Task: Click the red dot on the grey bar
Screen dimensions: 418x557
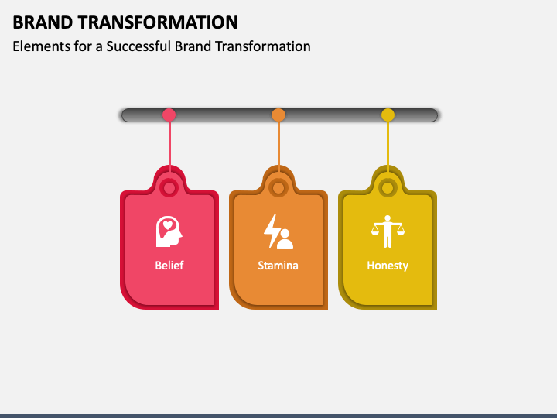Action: tap(169, 115)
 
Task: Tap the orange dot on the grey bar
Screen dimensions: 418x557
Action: tap(278, 115)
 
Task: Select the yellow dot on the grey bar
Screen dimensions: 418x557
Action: tap(388, 115)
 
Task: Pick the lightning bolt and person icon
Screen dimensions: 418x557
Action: tap(278, 231)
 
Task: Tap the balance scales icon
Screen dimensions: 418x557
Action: tap(388, 230)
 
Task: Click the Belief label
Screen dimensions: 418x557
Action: tap(169, 266)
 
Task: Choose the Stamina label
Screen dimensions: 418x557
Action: tap(278, 266)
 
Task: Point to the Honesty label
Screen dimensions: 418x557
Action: tap(388, 266)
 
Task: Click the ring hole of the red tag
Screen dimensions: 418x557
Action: tap(169, 187)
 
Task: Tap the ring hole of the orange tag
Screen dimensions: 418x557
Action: tap(278, 187)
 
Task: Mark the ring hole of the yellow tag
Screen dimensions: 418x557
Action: tap(388, 187)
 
